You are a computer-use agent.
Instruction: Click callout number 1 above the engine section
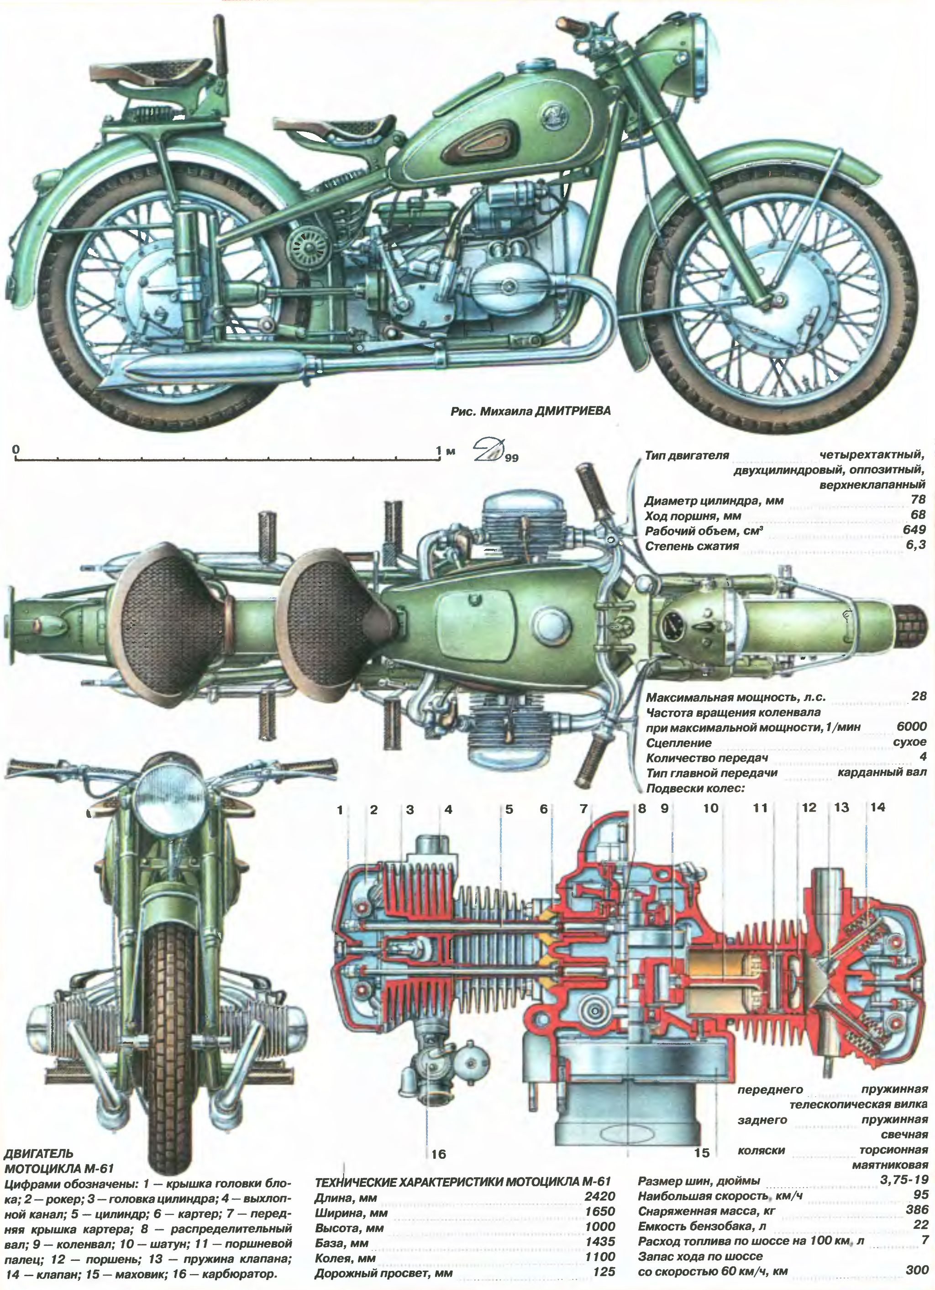point(340,809)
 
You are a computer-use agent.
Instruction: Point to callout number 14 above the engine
point(877,807)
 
